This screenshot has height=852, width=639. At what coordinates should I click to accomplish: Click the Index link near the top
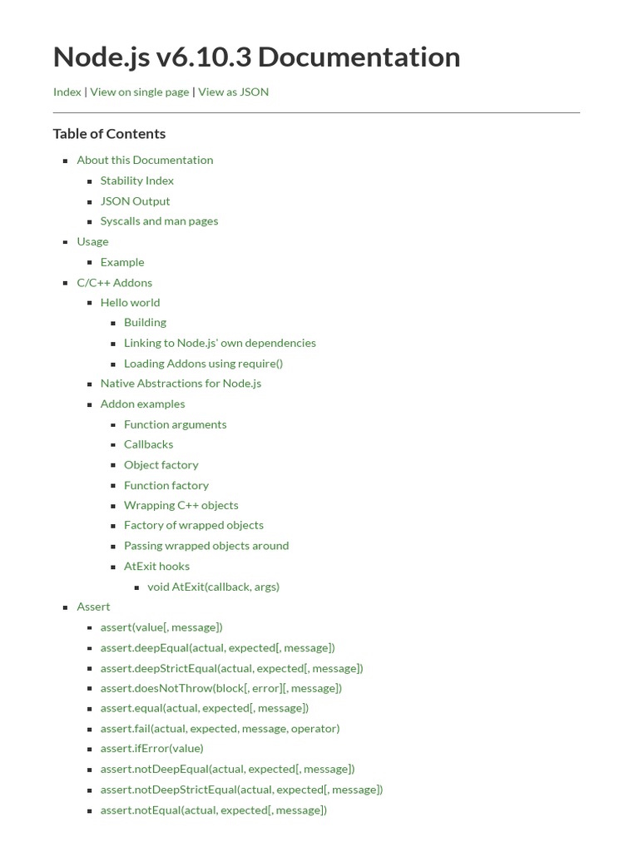[67, 92]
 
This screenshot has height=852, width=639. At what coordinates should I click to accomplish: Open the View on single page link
[139, 92]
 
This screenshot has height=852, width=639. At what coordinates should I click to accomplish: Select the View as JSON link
[233, 92]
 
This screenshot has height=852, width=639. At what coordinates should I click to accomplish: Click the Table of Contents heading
[109, 134]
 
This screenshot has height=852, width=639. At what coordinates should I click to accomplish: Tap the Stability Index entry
[136, 181]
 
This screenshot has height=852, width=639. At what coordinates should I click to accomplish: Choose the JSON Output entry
[135, 201]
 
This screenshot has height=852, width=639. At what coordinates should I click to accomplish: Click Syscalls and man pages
[159, 221]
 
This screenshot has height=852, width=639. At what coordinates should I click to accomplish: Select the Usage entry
[92, 241]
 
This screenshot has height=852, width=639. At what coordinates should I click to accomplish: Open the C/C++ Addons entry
[114, 282]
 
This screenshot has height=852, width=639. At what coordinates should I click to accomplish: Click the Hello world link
[130, 303]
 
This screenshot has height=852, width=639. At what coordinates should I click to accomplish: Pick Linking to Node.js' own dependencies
[220, 343]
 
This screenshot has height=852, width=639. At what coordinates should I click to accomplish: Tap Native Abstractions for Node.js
[181, 384]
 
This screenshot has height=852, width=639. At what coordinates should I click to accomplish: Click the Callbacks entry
[148, 444]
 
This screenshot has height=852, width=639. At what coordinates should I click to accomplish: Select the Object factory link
[161, 465]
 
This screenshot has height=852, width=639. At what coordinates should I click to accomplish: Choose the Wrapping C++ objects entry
[181, 505]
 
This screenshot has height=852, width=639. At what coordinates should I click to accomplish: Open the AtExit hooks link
[156, 567]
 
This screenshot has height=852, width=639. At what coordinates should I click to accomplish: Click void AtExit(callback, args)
[213, 587]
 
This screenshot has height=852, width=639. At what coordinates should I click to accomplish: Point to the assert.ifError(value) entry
[151, 749]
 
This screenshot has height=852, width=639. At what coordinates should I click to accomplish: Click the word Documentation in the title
[359, 57]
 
